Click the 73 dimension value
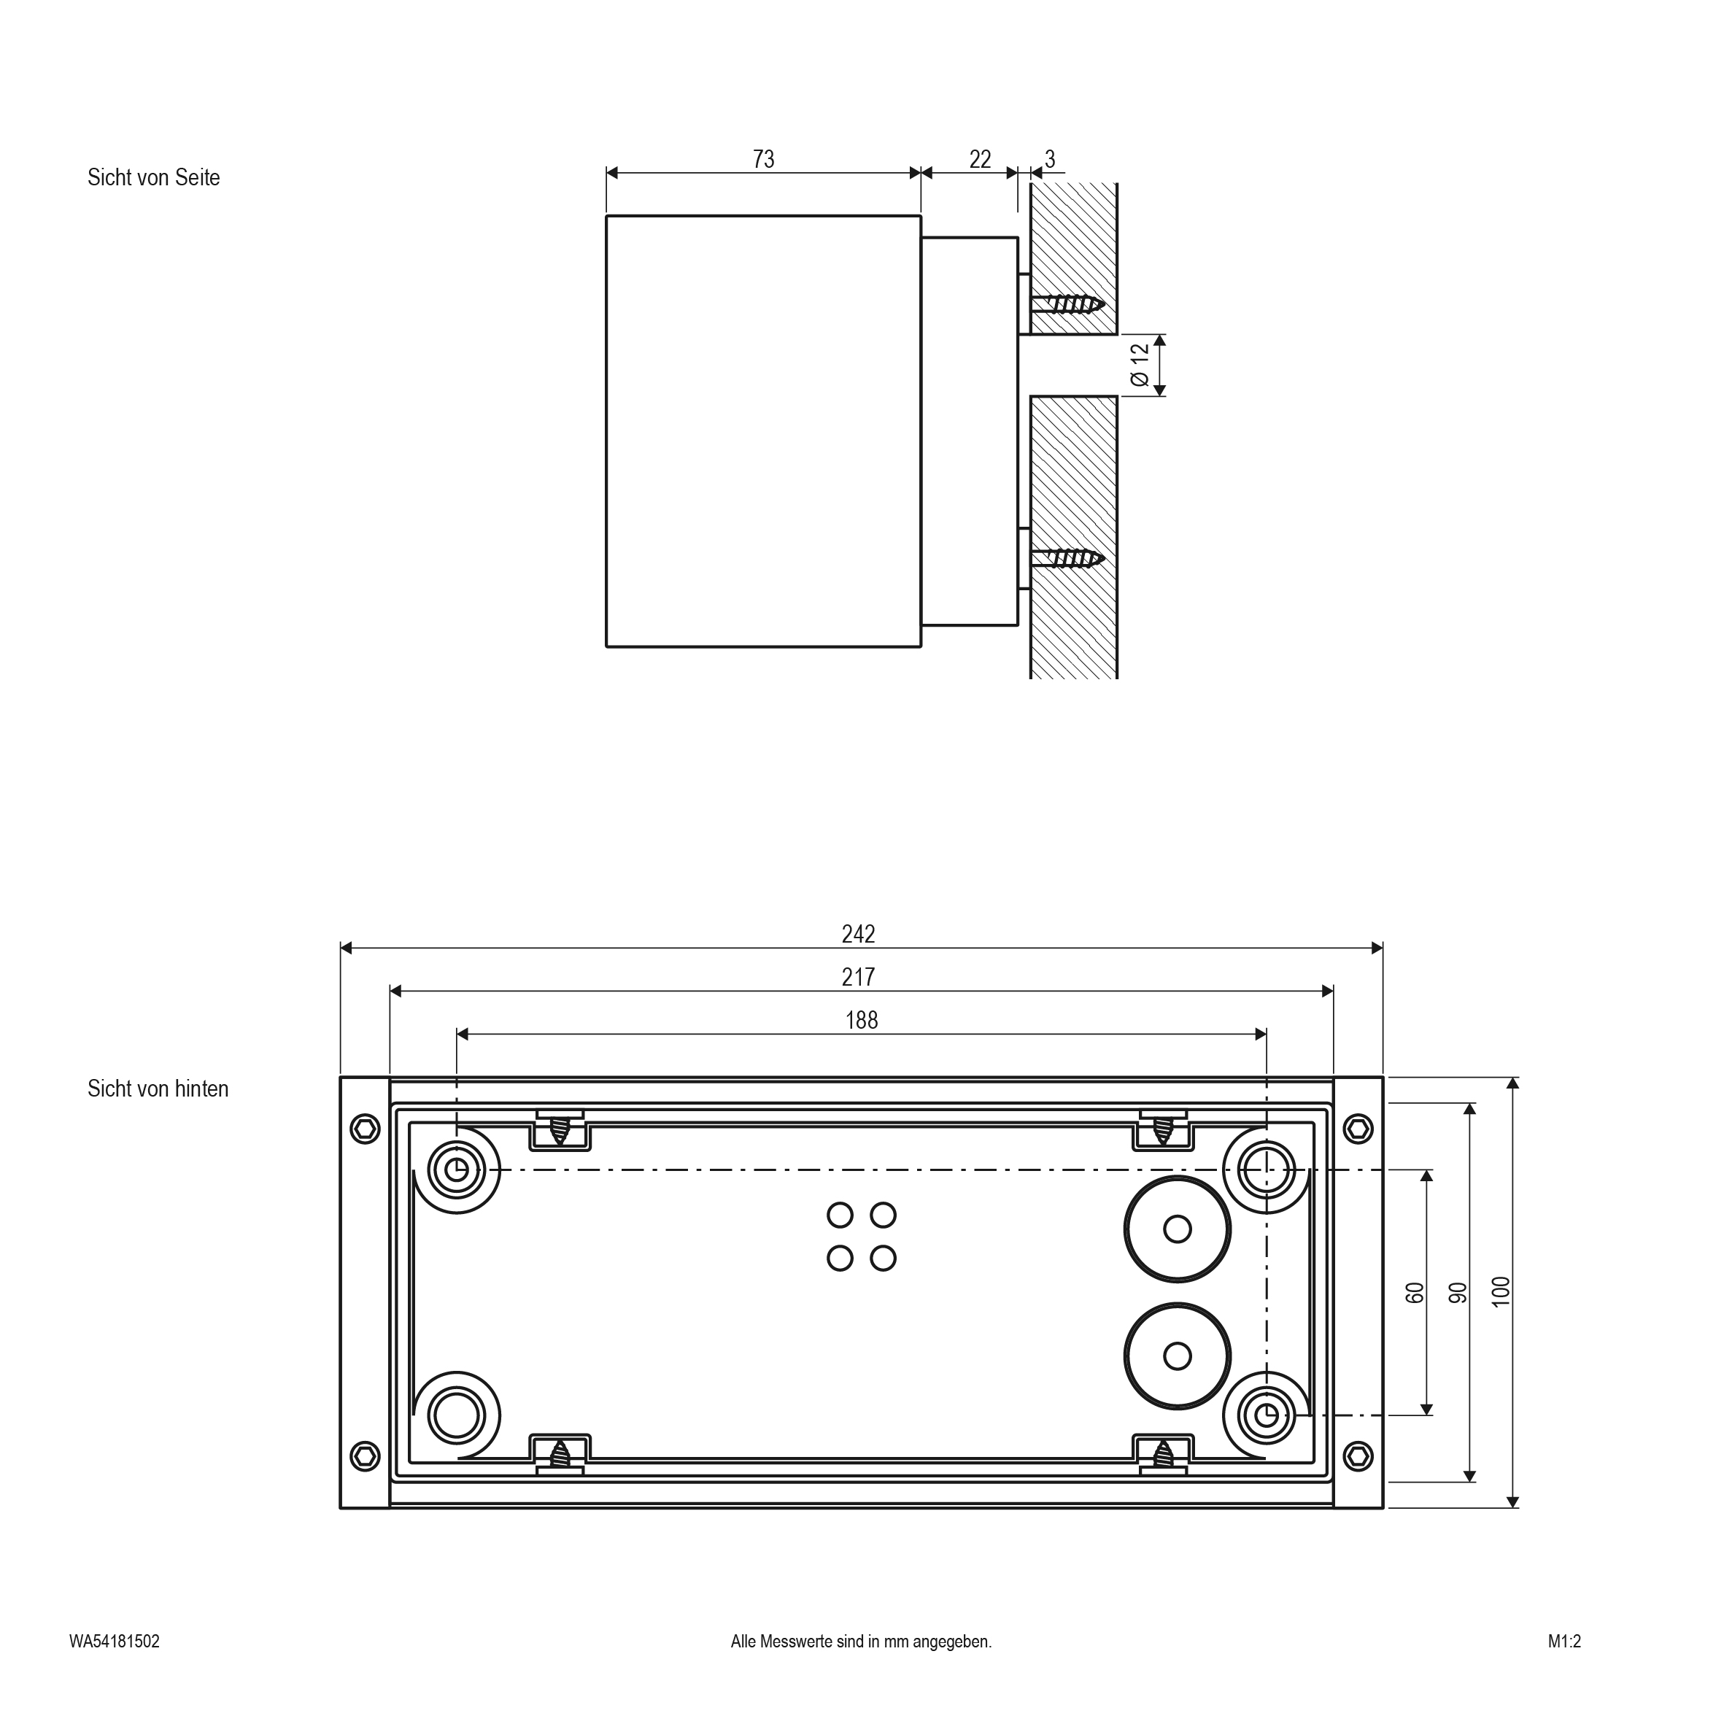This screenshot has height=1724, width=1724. [764, 159]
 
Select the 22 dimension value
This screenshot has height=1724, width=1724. [980, 159]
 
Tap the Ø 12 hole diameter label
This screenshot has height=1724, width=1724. [1140, 364]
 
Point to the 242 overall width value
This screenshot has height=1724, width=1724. [859, 933]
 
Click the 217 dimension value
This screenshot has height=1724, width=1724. [859, 976]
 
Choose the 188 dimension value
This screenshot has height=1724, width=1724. [862, 1019]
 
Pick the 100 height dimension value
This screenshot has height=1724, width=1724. [1501, 1291]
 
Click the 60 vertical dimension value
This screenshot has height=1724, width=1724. [1415, 1292]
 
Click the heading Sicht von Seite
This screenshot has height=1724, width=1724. [153, 177]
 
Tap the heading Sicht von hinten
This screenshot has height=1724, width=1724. [158, 1089]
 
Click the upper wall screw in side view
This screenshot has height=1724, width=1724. [1067, 304]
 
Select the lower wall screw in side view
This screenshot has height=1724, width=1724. [1067, 559]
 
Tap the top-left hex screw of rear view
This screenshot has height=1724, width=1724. [364, 1128]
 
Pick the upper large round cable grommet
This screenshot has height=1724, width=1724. [1178, 1229]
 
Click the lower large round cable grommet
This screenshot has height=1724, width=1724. [1178, 1356]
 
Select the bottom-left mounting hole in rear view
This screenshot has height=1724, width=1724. [456, 1415]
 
